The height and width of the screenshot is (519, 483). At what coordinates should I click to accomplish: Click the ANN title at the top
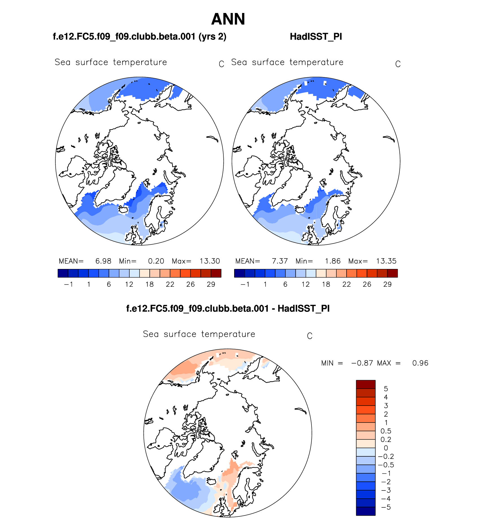(228, 19)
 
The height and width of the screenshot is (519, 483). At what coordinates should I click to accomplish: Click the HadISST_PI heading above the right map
(316, 37)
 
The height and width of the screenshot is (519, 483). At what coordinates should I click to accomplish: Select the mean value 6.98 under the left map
(103, 261)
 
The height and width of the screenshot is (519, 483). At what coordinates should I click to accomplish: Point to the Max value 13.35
(386, 261)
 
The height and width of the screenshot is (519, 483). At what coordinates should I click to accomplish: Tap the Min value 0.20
(156, 261)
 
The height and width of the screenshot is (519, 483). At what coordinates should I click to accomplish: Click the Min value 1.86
(332, 261)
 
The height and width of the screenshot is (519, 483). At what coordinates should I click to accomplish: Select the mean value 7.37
(280, 261)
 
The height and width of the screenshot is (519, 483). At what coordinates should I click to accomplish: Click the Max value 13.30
(210, 261)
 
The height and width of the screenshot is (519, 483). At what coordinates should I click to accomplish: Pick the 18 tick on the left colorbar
(149, 284)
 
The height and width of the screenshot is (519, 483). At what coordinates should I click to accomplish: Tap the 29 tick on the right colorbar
(387, 284)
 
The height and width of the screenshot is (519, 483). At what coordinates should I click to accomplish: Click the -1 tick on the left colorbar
(68, 284)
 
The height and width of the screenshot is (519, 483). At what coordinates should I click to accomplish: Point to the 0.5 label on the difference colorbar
(386, 431)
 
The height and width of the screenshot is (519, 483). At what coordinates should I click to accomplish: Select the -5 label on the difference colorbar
(386, 507)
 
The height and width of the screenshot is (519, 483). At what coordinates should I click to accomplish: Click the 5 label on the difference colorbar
(386, 389)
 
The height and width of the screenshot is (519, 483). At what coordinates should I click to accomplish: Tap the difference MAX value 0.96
(420, 363)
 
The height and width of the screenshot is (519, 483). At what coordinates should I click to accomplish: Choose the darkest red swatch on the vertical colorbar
(365, 384)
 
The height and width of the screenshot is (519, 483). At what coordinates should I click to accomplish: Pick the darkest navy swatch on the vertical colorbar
(365, 511)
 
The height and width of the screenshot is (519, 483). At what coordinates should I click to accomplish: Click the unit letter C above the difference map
(310, 336)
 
